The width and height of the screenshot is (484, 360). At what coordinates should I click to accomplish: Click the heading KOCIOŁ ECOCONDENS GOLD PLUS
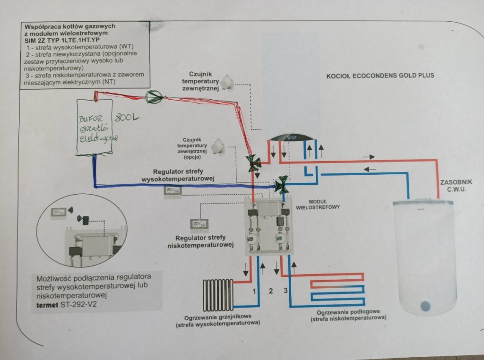pos(380,75)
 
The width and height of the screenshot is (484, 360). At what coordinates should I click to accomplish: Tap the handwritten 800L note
pos(126,117)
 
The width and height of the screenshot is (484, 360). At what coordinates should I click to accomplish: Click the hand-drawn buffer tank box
pos(95,127)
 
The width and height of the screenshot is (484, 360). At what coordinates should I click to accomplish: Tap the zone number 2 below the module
pos(271,291)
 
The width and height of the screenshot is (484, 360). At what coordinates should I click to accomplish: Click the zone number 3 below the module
pos(285,291)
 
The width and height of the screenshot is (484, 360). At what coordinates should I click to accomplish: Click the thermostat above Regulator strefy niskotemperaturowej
pos(199,223)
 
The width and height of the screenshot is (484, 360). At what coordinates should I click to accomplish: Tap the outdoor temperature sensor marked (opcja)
pos(219,146)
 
